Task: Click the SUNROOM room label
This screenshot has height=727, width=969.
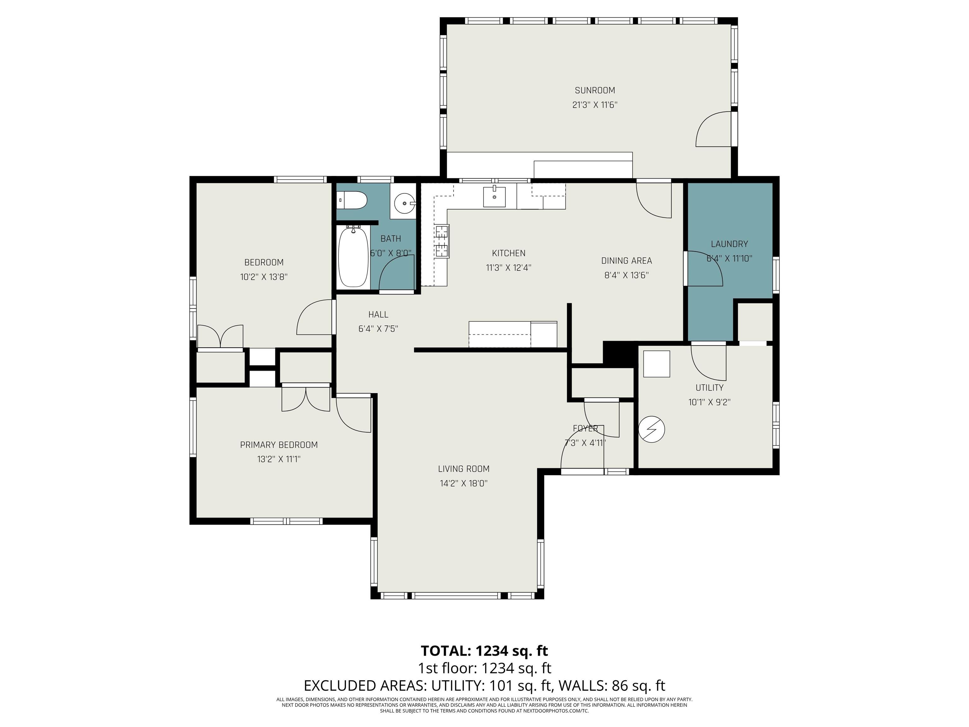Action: point(595,90)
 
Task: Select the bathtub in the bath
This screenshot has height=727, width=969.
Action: point(353,257)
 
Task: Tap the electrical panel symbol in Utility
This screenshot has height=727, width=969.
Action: point(651,429)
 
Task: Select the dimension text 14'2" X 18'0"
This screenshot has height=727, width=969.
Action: point(463,483)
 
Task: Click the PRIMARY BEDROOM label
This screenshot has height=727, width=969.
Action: point(279,445)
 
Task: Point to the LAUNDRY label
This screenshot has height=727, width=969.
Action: point(729,244)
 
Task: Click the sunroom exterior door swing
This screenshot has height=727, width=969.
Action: point(713,130)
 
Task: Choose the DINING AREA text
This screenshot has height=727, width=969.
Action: point(626,261)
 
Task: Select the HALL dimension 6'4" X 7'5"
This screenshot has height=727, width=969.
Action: point(378,329)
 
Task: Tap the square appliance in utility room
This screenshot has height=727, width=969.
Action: point(656,364)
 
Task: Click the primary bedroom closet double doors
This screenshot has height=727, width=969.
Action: point(305,398)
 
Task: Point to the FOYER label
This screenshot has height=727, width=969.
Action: point(585,429)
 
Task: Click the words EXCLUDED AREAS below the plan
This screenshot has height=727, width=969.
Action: point(365,685)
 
